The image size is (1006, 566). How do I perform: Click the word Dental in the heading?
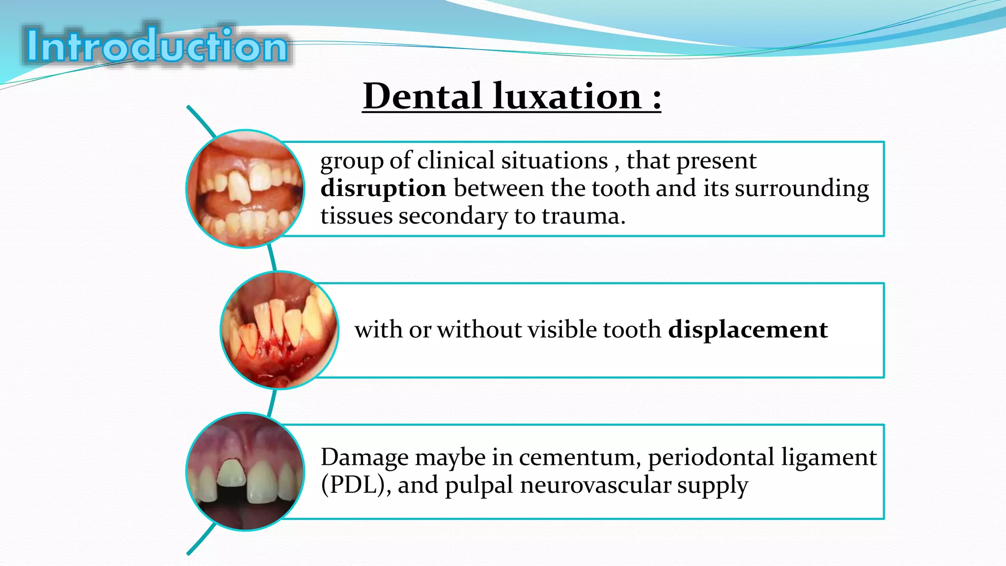(422, 96)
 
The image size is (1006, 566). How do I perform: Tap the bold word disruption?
(383, 189)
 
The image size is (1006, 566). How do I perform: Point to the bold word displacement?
(748, 329)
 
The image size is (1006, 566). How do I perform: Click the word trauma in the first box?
(583, 216)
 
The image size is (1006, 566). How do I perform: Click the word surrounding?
(802, 189)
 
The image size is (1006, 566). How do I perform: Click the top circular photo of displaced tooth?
(245, 189)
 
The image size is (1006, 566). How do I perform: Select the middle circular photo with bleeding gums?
(279, 330)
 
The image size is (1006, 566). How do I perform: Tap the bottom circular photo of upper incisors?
(245, 472)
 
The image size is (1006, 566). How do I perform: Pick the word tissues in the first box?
(356, 216)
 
